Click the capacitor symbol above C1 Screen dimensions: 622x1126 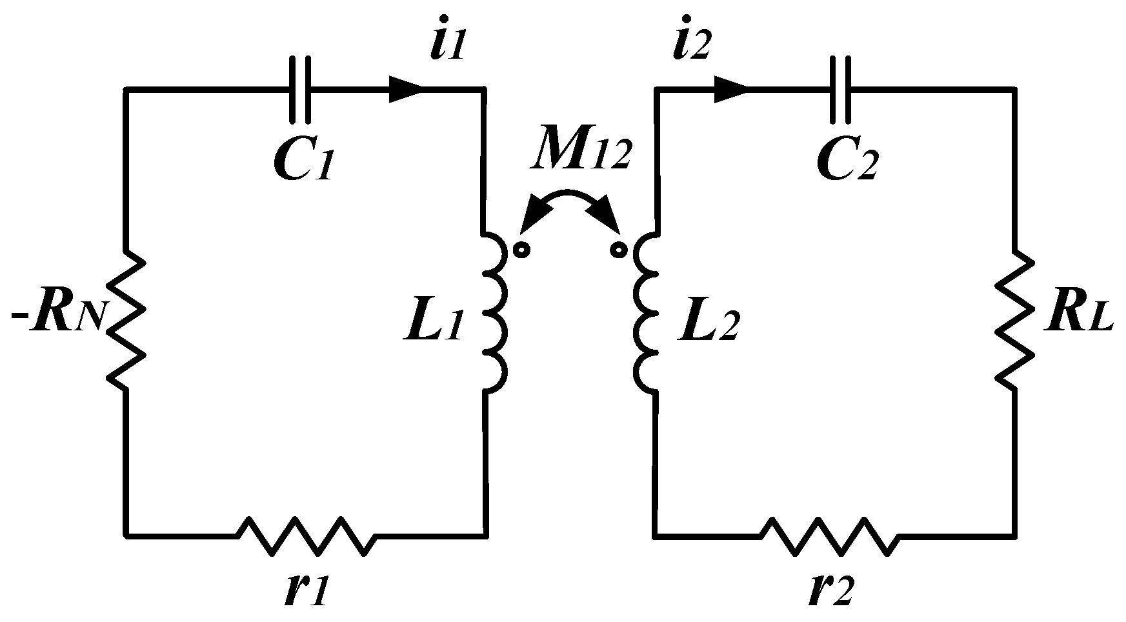click(x=300, y=89)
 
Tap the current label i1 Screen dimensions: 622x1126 click(x=447, y=42)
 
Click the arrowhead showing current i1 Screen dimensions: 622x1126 click(x=405, y=89)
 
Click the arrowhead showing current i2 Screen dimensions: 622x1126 click(x=730, y=89)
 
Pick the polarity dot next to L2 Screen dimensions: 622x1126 click(x=618, y=249)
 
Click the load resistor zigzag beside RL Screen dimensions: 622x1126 click(x=1014, y=319)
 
